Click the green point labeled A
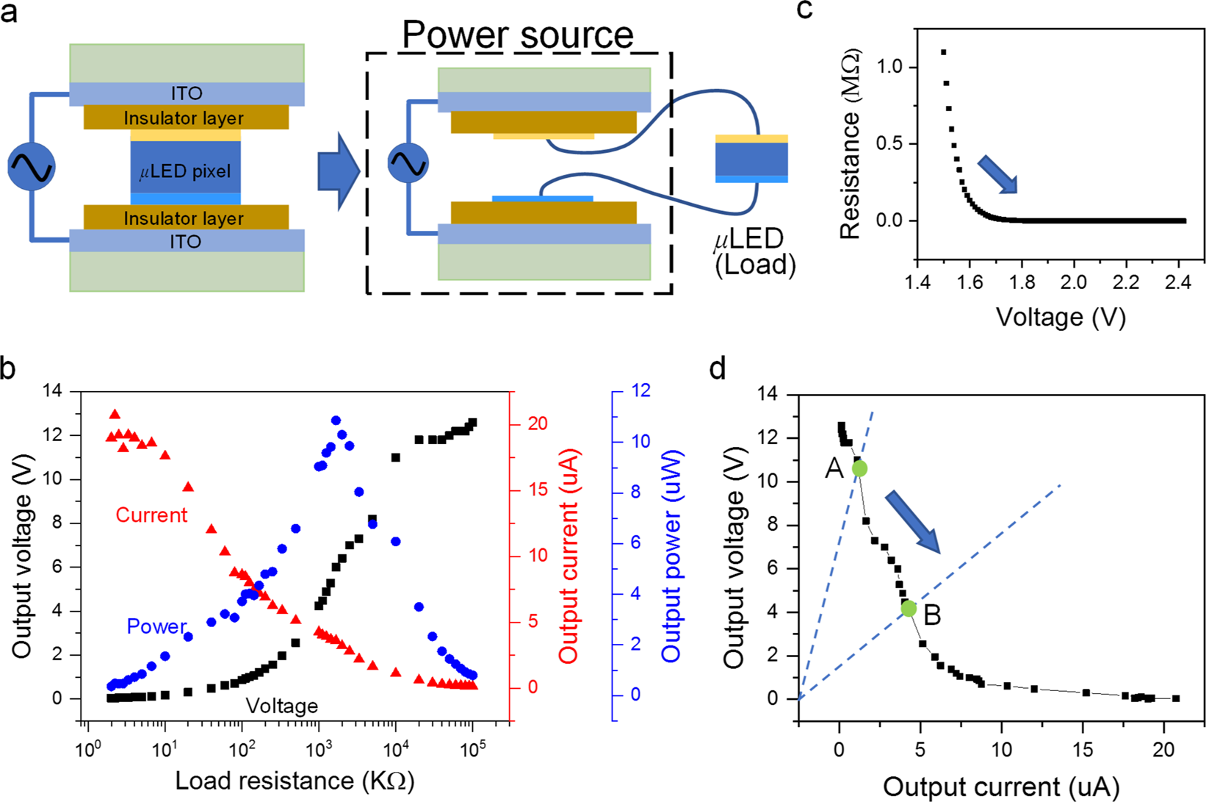click(859, 468)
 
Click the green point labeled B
click(909, 608)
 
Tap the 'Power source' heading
click(518, 35)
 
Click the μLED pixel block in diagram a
click(185, 171)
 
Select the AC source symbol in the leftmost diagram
click(32, 167)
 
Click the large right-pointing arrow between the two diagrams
click(338, 171)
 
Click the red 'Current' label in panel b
click(151, 515)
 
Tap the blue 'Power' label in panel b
click(156, 626)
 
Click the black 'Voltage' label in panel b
click(281, 706)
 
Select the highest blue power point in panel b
click(336, 420)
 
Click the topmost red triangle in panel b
click(115, 415)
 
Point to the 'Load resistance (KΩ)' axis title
click(295, 781)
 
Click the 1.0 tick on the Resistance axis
click(890, 67)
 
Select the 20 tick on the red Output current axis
click(538, 423)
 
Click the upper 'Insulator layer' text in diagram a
click(184, 118)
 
